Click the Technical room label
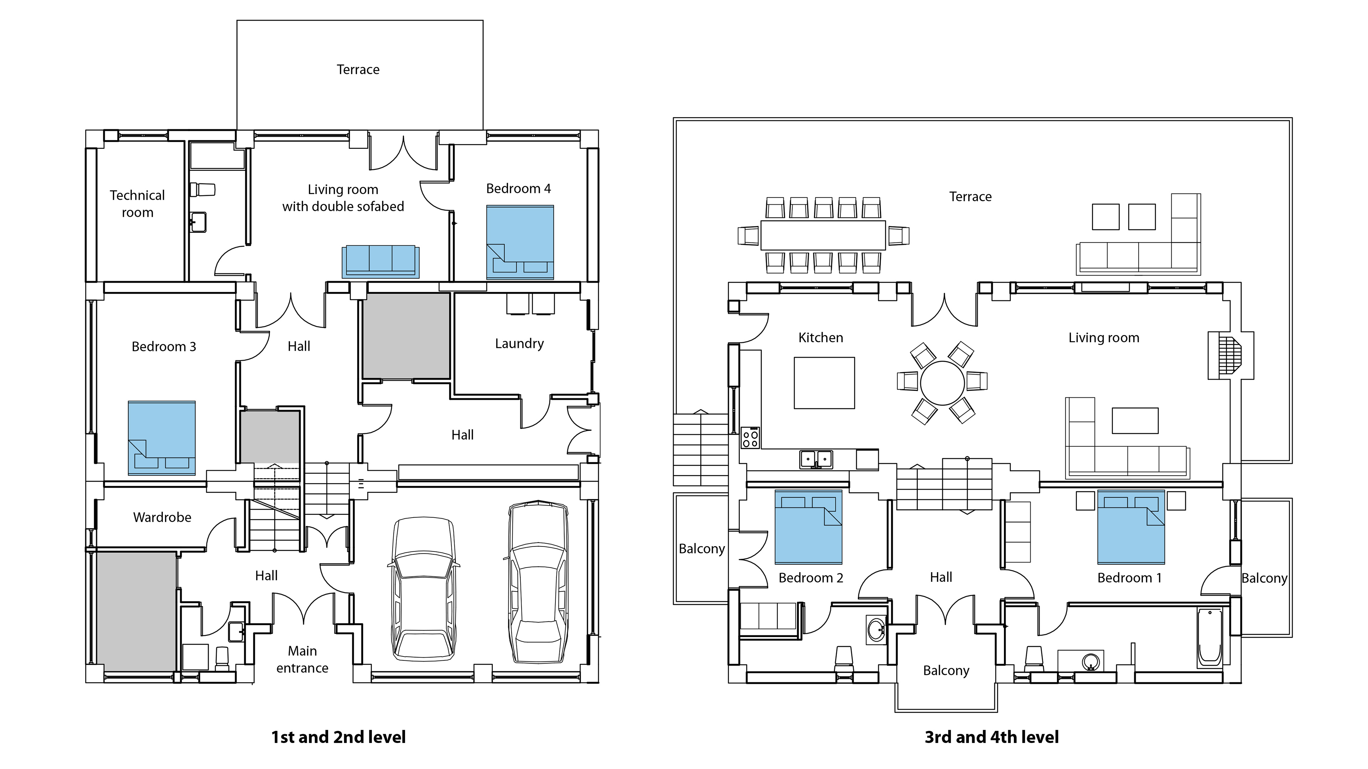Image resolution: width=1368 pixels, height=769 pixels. pyautogui.click(x=137, y=204)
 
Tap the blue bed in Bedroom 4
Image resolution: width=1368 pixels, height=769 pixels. pyautogui.click(x=520, y=242)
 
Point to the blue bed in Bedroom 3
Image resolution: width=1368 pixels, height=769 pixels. pyautogui.click(x=161, y=438)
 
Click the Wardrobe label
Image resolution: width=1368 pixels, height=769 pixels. pyautogui.click(x=162, y=517)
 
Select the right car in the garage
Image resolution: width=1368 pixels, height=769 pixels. pyautogui.click(x=538, y=582)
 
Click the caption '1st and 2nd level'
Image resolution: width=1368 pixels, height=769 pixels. pyautogui.click(x=338, y=737)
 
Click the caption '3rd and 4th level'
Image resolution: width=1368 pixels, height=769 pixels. pyautogui.click(x=991, y=737)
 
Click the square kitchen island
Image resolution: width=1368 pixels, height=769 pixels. pyautogui.click(x=824, y=383)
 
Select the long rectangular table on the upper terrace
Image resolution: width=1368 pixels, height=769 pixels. pyautogui.click(x=823, y=235)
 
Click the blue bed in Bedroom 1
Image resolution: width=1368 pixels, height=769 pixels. pyautogui.click(x=1131, y=527)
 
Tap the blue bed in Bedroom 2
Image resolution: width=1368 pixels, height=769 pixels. pyautogui.click(x=808, y=527)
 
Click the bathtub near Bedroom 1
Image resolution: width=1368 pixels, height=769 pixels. pyautogui.click(x=1210, y=637)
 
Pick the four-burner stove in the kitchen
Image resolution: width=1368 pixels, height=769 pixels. pyautogui.click(x=750, y=438)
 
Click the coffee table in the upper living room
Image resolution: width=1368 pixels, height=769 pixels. pyautogui.click(x=1135, y=421)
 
